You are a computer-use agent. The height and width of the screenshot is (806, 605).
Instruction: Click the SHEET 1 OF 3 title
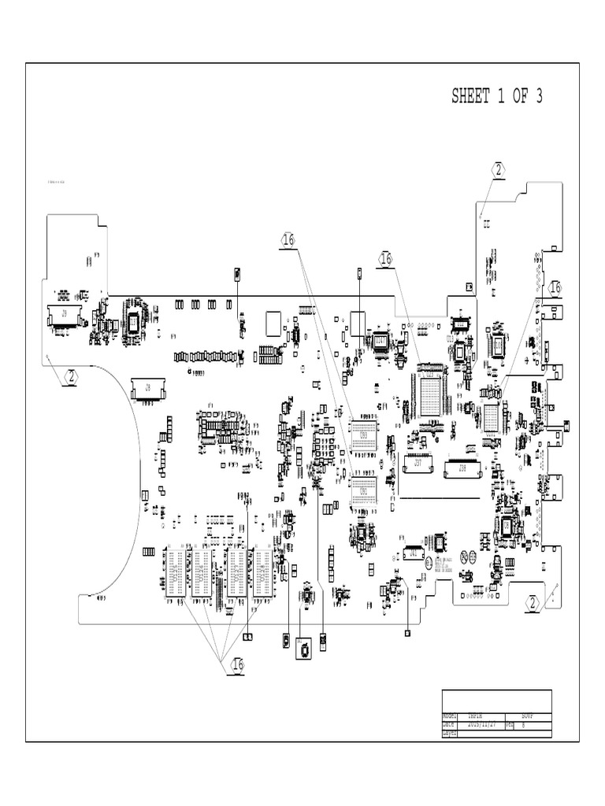coord(496,97)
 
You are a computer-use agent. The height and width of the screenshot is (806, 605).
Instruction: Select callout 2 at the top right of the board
coord(499,169)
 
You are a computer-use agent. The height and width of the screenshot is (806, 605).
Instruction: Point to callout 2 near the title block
coord(533,604)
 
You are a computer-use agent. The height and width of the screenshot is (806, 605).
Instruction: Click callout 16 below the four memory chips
coord(238,666)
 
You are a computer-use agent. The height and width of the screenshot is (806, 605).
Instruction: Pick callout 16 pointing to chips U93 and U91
coord(288,239)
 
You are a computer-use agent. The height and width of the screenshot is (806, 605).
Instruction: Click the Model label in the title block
coord(450,716)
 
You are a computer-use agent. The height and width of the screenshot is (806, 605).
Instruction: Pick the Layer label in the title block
coord(450,733)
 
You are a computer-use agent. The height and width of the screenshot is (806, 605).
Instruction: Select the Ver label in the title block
coord(510,724)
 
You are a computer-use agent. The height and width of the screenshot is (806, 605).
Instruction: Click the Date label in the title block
coord(450,724)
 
